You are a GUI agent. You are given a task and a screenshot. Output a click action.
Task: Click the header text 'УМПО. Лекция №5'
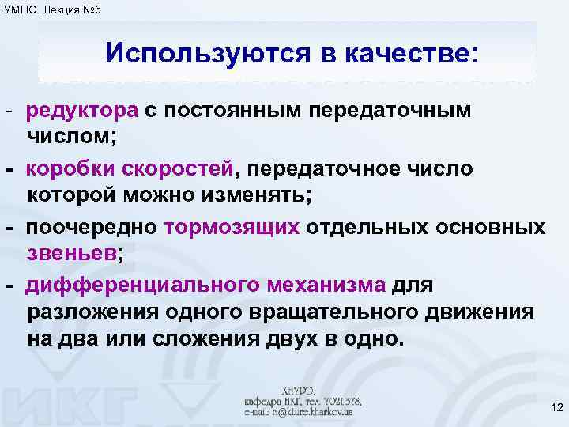pos(51,9)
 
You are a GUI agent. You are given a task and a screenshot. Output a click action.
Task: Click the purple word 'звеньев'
pos(71,252)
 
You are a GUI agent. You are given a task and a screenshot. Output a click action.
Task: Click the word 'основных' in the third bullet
pos(494,228)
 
